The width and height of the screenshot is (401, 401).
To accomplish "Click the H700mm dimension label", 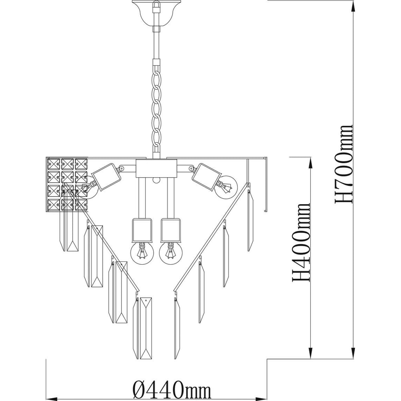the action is (344, 164).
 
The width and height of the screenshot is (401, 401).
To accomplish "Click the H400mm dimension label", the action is (301, 242).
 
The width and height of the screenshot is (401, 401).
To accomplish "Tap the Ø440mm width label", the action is (172, 391).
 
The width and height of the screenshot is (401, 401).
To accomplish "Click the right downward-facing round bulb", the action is (170, 253).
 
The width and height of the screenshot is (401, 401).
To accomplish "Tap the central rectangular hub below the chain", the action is (156, 168).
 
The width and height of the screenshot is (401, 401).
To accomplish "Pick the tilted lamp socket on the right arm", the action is (207, 177).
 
